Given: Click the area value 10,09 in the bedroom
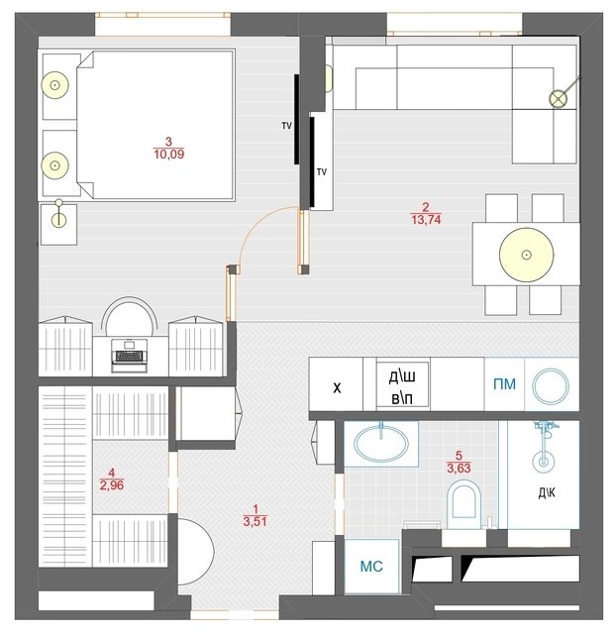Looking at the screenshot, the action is pyautogui.click(x=169, y=155).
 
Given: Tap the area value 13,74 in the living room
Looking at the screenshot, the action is pyautogui.click(x=426, y=220).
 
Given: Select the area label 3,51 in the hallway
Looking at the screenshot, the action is pyautogui.click(x=256, y=521).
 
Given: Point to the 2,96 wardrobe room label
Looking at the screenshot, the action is pyautogui.click(x=112, y=485).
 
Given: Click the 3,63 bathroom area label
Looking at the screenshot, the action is pyautogui.click(x=459, y=468).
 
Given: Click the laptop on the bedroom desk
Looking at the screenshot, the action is pyautogui.click(x=129, y=356).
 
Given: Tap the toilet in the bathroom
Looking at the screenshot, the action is pyautogui.click(x=463, y=504).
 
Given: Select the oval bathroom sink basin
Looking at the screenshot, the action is pyautogui.click(x=381, y=445).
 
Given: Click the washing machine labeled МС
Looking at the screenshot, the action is pyautogui.click(x=371, y=566).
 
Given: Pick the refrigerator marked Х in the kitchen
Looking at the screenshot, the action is pyautogui.click(x=336, y=384).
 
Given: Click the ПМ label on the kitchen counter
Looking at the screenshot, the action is pyautogui.click(x=504, y=384).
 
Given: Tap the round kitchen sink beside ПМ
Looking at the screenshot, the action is pyautogui.click(x=551, y=386).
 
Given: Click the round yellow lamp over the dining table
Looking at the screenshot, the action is pyautogui.click(x=527, y=255).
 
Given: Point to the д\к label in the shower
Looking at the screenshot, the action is pyautogui.click(x=547, y=493).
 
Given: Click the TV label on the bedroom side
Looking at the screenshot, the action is pyautogui.click(x=286, y=126).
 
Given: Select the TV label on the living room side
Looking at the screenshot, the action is pyautogui.click(x=322, y=172).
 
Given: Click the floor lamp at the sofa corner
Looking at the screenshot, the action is pyautogui.click(x=559, y=99).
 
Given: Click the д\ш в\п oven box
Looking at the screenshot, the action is pyautogui.click(x=402, y=384).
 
